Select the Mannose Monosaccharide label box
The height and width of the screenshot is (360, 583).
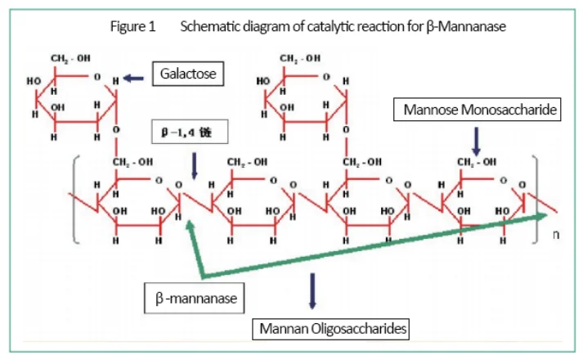coord(478,110)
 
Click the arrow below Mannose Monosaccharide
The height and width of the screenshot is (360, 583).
coord(477,140)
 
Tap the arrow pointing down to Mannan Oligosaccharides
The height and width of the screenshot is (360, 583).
coord(312,291)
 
